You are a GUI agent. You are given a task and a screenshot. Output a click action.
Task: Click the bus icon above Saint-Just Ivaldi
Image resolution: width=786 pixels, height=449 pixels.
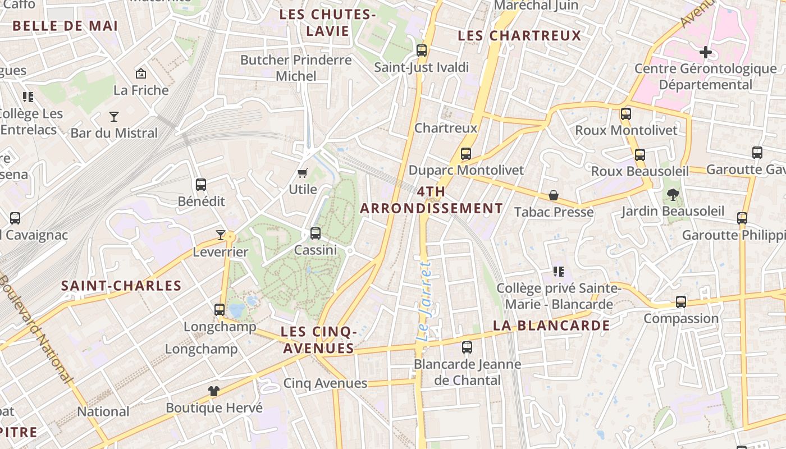[x=422, y=51]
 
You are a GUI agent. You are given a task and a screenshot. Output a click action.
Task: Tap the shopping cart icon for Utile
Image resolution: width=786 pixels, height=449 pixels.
[x=303, y=173]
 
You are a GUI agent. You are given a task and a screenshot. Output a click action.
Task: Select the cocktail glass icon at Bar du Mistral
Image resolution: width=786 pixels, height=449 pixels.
[x=114, y=117]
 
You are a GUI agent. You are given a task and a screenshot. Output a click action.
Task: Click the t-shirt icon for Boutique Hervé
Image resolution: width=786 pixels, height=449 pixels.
[x=214, y=391]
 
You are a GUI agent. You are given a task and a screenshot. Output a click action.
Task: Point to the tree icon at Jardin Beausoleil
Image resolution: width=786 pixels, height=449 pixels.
[x=673, y=195]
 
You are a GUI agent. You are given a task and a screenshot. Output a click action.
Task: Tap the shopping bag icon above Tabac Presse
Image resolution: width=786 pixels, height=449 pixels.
[x=554, y=195]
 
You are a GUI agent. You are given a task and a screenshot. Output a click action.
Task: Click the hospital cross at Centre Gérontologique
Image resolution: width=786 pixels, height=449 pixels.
[x=706, y=52]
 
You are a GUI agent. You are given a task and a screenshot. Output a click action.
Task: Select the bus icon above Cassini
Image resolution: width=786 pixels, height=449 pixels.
[x=316, y=233]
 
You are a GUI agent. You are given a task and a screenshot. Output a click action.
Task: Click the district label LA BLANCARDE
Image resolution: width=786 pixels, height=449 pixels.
[x=551, y=326]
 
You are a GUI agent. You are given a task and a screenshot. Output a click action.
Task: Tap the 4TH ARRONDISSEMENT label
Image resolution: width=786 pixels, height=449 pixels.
[x=431, y=200]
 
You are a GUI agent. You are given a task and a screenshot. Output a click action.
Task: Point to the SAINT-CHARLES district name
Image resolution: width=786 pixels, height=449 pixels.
[x=121, y=286]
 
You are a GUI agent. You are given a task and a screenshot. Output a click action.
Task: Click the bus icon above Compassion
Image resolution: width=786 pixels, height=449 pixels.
[x=681, y=302]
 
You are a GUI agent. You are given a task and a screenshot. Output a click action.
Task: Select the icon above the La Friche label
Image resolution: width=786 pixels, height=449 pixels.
[x=141, y=74]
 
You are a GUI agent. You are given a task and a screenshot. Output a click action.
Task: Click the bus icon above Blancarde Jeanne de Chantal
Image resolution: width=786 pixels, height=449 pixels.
[x=467, y=347]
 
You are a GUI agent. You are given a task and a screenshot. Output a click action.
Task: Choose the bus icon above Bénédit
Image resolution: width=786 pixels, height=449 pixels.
[x=201, y=185]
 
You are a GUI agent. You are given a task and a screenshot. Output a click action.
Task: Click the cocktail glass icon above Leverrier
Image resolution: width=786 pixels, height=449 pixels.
[x=221, y=235]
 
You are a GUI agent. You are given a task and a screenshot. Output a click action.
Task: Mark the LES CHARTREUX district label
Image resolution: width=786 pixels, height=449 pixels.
[x=519, y=36]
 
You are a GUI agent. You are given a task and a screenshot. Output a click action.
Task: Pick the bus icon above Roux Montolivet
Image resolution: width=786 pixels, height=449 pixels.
[x=626, y=114]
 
